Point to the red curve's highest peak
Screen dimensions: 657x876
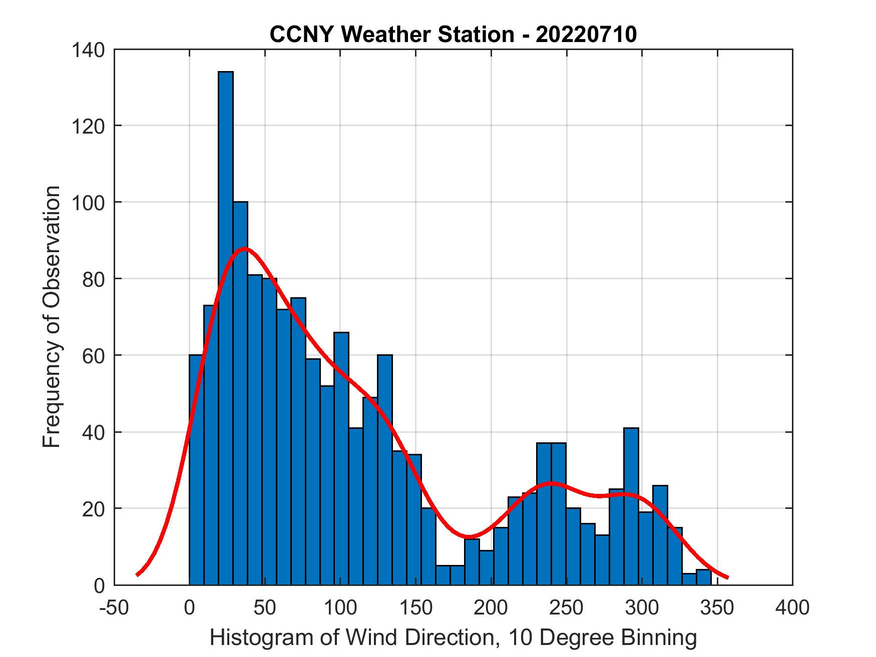click(x=244, y=249)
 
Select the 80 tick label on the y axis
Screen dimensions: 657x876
click(x=94, y=279)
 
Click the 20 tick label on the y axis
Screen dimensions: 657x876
click(x=94, y=508)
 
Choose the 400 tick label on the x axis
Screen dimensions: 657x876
click(x=792, y=607)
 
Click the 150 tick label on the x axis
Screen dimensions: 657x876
click(x=415, y=607)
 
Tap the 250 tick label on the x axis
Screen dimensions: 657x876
click(x=566, y=607)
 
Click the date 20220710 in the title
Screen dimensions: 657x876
click(x=586, y=35)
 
